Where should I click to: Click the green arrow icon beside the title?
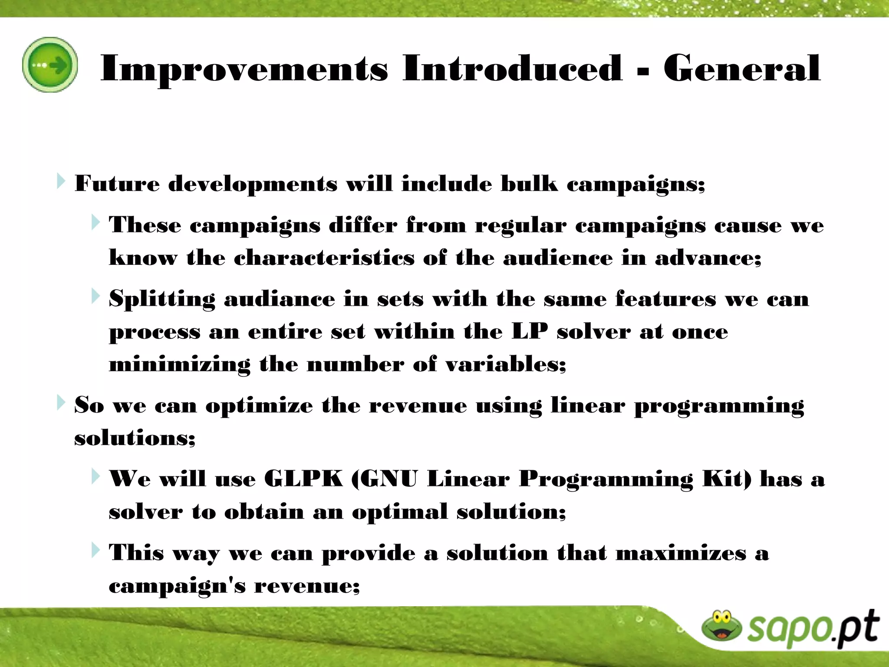tap(50, 65)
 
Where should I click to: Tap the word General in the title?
tap(741, 68)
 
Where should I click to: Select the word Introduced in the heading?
tap(512, 68)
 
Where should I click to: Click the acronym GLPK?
tap(303, 479)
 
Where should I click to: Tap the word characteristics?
tap(324, 258)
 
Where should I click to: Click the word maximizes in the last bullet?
tap(681, 553)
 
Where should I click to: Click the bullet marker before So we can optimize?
tap(60, 403)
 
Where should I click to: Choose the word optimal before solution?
tap(399, 512)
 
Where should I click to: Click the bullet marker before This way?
tap(95, 550)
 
